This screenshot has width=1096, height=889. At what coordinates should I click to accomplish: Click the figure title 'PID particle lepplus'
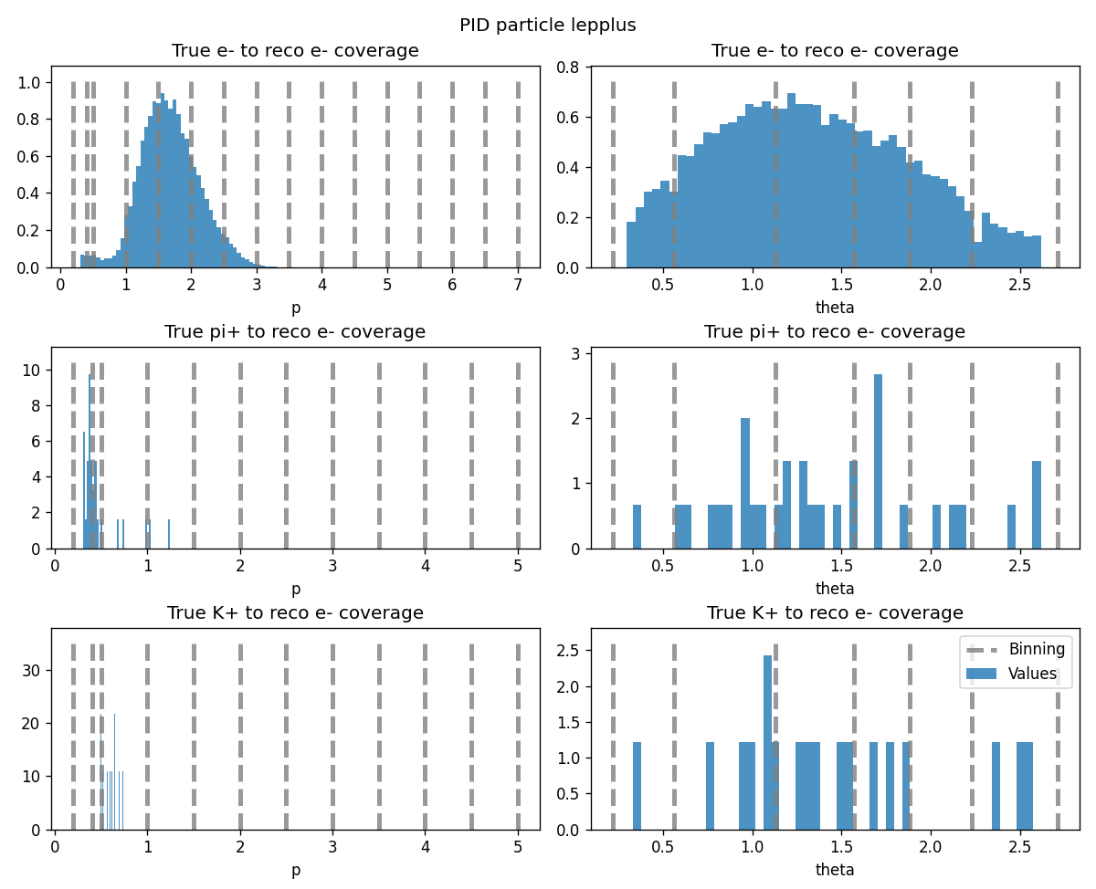[x=547, y=26]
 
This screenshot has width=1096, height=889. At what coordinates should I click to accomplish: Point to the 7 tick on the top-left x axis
[x=518, y=284]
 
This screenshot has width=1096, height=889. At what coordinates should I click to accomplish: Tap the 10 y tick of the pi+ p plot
[x=37, y=371]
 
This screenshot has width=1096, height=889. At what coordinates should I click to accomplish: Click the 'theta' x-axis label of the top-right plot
[x=835, y=309]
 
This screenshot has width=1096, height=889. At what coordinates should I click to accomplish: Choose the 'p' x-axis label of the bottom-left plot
[x=295, y=871]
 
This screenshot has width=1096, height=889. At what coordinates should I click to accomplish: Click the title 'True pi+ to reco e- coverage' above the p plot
[x=295, y=332]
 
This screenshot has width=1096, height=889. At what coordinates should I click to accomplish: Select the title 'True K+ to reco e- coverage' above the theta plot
[x=835, y=613]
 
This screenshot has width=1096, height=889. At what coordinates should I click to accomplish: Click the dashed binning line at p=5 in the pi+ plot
[x=518, y=456]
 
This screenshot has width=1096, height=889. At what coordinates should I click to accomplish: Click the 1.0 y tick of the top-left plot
[x=29, y=82]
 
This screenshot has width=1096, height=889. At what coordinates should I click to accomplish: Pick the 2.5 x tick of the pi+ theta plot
[x=1019, y=565]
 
